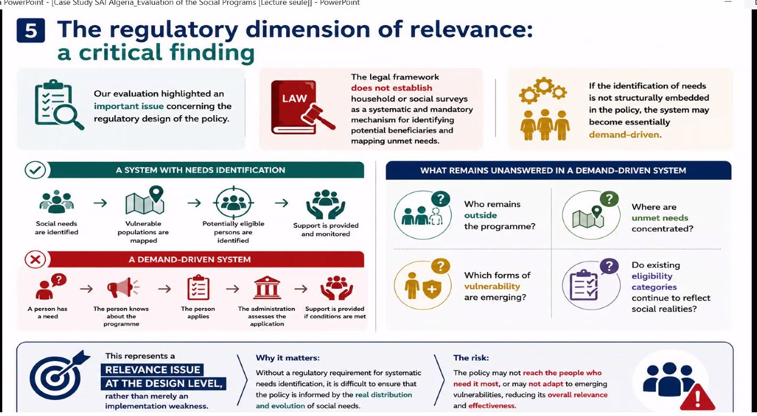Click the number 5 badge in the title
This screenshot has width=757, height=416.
pos(31,30)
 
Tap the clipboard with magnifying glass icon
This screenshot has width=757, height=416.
pos(59,105)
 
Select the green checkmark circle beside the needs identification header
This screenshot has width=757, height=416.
pos(35,170)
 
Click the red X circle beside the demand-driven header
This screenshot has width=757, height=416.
pos(35,259)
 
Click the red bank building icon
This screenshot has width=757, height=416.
pos(267,288)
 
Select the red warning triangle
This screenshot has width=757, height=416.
pos(697,397)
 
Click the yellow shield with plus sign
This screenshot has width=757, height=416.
pos(432,289)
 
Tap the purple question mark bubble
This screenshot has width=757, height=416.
pos(609,266)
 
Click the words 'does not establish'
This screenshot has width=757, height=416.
pos(391,88)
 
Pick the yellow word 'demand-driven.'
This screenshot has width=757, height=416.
pos(625,134)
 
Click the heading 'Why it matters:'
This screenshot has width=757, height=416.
pos(287,357)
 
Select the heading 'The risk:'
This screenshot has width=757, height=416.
pos(471,357)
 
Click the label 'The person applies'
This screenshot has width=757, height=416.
pos(198,312)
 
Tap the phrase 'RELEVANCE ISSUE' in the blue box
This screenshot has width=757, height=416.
pos(153,370)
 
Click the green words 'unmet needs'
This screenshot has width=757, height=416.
pos(659,218)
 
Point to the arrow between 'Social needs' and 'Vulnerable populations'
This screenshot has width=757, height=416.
pos(100,203)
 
